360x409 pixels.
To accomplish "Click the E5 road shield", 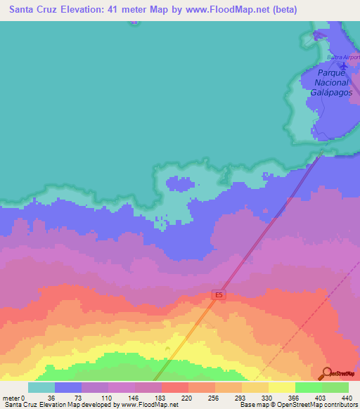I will click(x=219, y=296).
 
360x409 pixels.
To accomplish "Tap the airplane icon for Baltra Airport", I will click(x=342, y=65).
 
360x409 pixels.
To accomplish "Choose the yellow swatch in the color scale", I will click(x=281, y=387).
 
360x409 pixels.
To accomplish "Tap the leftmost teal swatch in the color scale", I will click(x=41, y=387).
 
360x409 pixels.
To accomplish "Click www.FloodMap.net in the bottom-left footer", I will click(x=148, y=405).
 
